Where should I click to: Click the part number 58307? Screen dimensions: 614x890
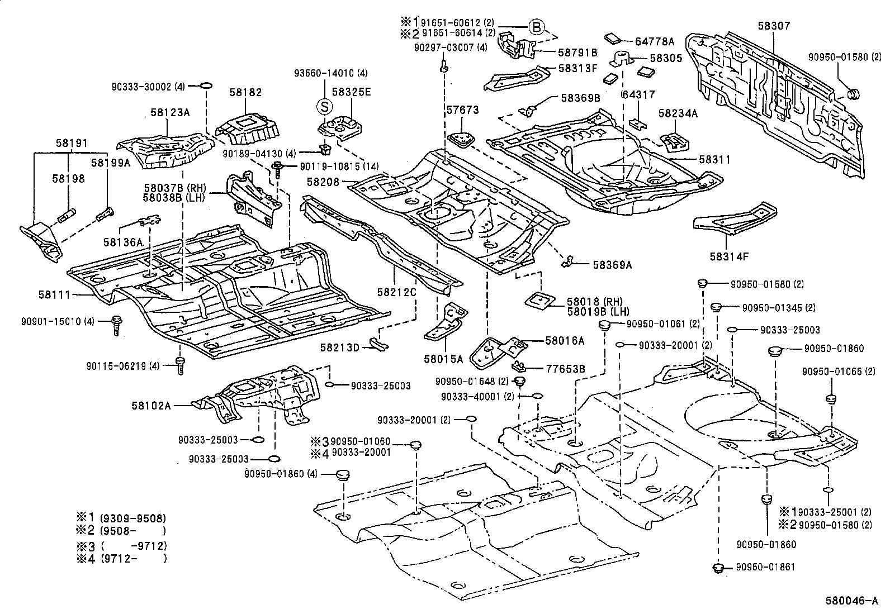(x=774, y=26)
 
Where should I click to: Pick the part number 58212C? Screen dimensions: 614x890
(x=396, y=292)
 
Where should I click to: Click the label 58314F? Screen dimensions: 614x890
(x=728, y=256)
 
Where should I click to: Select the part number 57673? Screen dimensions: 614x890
(x=462, y=110)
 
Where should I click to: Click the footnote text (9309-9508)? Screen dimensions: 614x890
(x=133, y=518)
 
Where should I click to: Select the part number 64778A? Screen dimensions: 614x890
(x=655, y=41)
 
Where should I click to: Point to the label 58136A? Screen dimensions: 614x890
(x=123, y=242)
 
